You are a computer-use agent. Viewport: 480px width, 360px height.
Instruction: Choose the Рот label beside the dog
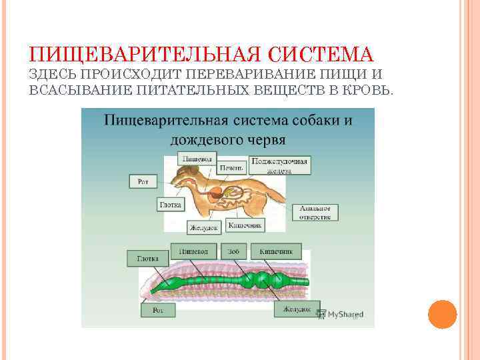coord(143,181)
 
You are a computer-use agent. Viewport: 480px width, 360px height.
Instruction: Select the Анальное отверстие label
coord(316,212)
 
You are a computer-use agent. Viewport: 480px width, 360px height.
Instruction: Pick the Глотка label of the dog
coord(170,204)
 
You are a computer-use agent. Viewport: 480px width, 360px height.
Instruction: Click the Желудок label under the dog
coord(204,227)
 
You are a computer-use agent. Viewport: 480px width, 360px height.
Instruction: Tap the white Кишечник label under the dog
coord(245,225)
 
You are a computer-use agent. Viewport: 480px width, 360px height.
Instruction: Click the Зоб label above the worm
coord(234,251)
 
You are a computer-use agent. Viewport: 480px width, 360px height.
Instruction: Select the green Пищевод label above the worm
coord(193,251)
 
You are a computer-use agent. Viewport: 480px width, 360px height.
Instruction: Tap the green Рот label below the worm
coord(158,310)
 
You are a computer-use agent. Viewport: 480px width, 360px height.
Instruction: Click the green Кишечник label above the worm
coord(276,251)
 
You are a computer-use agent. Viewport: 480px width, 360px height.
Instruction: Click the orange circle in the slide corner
coord(442,314)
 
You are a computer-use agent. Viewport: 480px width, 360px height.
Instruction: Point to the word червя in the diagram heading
coord(262,140)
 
